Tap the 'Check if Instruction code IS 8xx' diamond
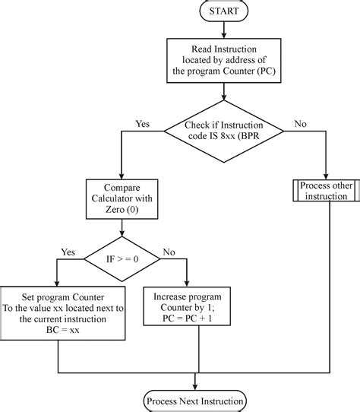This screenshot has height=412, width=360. [223, 130]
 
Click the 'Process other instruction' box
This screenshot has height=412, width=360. [324, 191]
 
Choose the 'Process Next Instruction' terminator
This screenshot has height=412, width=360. [195, 400]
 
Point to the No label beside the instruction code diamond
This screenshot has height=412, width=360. [300, 122]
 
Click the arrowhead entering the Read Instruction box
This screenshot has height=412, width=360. [223, 36]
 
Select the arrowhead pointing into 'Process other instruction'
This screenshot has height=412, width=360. [324, 176]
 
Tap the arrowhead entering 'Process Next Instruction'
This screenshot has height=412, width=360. [195, 386]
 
